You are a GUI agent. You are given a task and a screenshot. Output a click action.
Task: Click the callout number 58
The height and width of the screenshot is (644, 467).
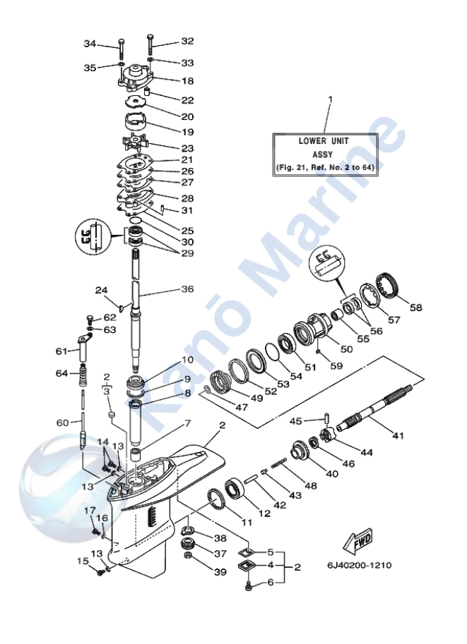click(x=415, y=308)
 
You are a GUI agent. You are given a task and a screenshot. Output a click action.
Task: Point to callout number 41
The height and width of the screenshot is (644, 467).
click(x=398, y=436)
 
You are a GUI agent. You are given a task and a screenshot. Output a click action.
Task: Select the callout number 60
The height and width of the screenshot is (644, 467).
click(x=63, y=423)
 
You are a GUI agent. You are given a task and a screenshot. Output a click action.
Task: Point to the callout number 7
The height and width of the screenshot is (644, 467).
click(x=187, y=423)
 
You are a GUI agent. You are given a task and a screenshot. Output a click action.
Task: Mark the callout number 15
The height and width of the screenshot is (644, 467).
click(x=83, y=561)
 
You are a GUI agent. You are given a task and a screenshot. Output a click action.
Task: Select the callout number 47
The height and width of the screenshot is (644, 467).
click(x=222, y=407)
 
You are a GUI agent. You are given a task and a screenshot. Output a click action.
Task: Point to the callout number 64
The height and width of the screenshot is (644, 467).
click(x=62, y=372)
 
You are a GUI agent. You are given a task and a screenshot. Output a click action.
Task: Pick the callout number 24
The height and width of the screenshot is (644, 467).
click(x=101, y=290)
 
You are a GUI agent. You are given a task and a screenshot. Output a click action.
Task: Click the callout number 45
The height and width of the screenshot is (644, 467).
click(x=297, y=421)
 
